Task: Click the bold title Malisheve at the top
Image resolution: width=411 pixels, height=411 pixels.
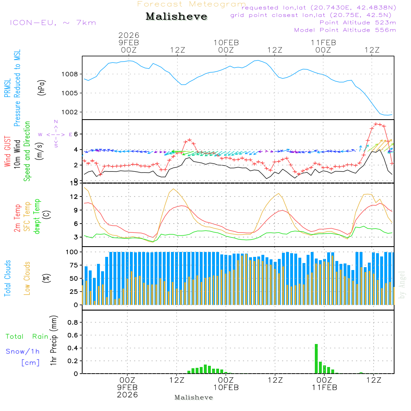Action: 177,16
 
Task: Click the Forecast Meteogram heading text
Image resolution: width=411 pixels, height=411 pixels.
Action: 192,5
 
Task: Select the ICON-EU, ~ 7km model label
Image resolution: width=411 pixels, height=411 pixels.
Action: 53,23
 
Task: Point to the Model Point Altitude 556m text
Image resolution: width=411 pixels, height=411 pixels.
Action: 345,30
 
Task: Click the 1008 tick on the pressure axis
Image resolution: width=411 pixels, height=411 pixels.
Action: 70,74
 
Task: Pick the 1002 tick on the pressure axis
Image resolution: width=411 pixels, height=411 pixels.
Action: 70,112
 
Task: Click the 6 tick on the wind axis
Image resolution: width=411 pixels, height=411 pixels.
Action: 76,134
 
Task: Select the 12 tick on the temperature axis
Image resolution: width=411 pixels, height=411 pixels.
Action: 74,196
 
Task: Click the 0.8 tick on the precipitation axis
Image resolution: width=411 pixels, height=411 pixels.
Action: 73,323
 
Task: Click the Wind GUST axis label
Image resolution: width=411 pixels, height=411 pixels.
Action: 8,152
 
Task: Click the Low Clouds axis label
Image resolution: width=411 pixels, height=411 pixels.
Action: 27,278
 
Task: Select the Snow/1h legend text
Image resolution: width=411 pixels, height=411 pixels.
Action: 23,351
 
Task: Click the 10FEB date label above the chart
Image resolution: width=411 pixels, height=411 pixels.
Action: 226,43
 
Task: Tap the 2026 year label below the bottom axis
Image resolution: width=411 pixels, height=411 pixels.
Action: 127,395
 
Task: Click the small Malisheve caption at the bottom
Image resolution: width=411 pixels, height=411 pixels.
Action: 194,397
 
